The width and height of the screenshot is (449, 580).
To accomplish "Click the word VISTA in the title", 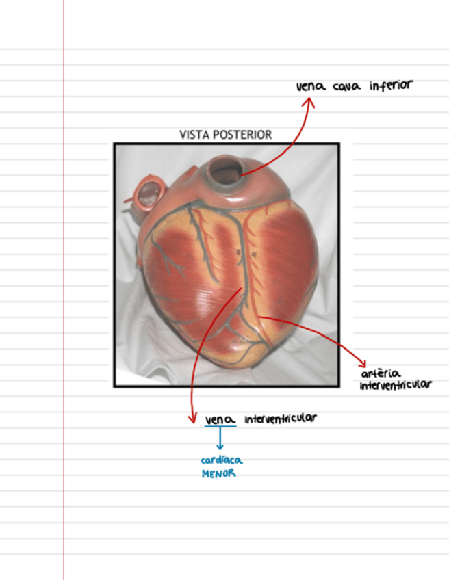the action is [x=194, y=135].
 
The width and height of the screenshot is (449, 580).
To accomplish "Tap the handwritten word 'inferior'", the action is [x=392, y=86].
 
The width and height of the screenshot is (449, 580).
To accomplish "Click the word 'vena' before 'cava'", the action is [x=311, y=88].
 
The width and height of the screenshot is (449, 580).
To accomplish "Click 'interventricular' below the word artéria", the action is [x=396, y=385].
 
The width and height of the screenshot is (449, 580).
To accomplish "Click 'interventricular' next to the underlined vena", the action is [x=280, y=418].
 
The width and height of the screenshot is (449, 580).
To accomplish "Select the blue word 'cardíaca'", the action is [x=221, y=460].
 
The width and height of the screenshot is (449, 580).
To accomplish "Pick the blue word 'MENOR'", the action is [x=218, y=473].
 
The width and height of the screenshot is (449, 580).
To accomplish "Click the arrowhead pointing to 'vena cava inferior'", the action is [x=309, y=102].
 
